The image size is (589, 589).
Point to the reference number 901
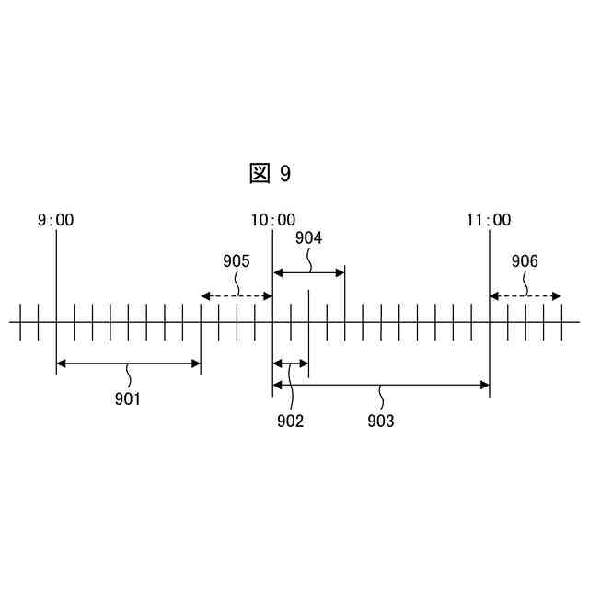[x=128, y=398]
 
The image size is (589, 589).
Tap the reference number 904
[x=309, y=238]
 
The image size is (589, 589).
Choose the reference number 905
[x=237, y=261]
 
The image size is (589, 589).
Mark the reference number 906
[x=525, y=261]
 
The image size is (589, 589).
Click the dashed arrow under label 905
[x=237, y=296]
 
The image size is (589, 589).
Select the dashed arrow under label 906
[x=525, y=296]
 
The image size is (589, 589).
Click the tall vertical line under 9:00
[x=56, y=276]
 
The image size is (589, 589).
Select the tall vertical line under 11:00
[x=489, y=276]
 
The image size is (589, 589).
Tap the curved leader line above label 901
[x=128, y=376]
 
